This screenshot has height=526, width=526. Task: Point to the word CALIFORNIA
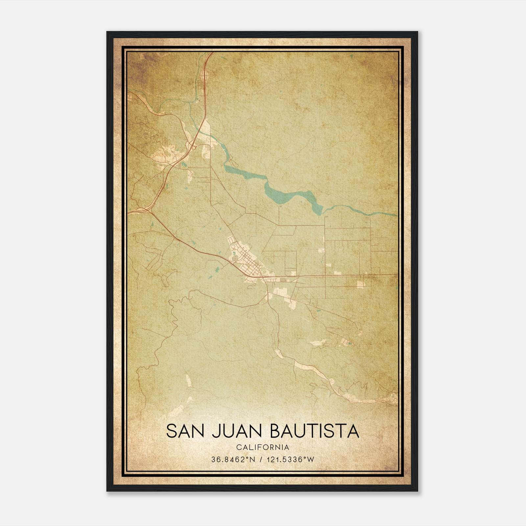[x=263, y=447]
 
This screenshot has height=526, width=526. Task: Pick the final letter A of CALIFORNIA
[x=287, y=447]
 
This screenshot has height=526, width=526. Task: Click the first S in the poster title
[x=172, y=431]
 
